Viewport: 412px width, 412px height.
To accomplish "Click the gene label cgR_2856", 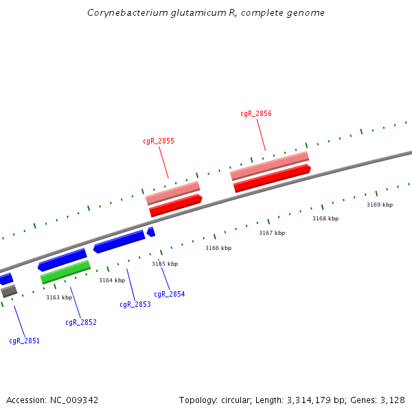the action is (x=256, y=114).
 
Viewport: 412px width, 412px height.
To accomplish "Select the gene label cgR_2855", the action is (x=159, y=141).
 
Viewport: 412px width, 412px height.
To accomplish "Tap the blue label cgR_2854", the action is (x=169, y=295).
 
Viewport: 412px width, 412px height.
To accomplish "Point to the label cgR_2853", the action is (x=135, y=304).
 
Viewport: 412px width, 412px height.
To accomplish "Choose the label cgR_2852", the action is (x=81, y=322).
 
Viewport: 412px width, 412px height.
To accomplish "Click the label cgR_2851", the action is (x=24, y=341).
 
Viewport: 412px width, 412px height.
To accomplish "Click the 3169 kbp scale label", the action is (x=380, y=205).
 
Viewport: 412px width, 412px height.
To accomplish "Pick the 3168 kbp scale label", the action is (x=325, y=218).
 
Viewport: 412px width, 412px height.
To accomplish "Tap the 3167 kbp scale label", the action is (x=272, y=233).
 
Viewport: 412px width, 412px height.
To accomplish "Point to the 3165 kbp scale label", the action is (x=165, y=264).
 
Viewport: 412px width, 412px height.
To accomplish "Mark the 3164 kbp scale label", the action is (x=112, y=280).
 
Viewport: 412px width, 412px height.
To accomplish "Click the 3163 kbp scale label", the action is (x=59, y=297).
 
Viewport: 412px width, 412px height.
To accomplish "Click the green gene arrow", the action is (x=65, y=272).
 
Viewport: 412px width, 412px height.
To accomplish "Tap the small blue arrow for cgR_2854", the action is (x=151, y=232).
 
